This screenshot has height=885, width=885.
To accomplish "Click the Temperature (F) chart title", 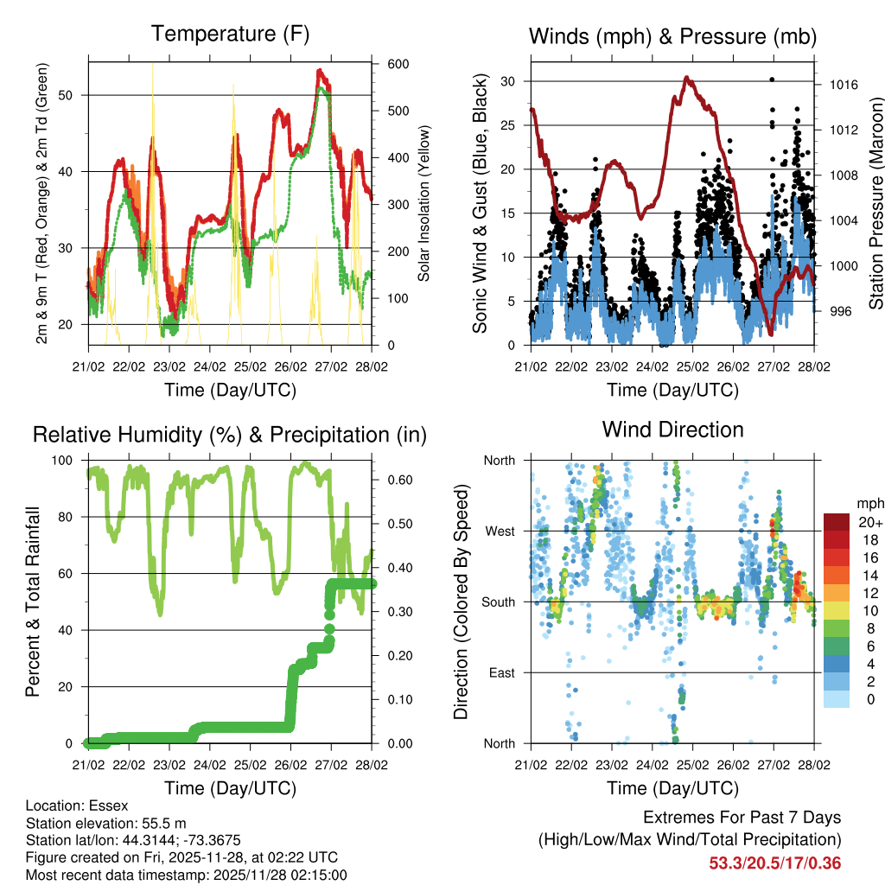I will [x=229, y=35].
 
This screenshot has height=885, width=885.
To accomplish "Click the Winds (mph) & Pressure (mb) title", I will [x=672, y=37].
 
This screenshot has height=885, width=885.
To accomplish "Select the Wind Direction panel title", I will [x=672, y=429].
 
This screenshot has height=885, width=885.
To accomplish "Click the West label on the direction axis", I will [x=499, y=531].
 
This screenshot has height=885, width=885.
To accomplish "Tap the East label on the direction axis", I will [x=500, y=672].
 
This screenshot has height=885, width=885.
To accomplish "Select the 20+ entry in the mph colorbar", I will [x=869, y=522].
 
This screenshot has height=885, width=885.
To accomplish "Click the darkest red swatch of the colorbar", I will [x=836, y=522].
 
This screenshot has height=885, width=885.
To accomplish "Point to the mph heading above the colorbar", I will [x=869, y=503].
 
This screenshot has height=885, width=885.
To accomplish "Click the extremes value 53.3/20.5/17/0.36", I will [x=775, y=863].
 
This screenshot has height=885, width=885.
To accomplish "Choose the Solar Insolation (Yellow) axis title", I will [x=424, y=204].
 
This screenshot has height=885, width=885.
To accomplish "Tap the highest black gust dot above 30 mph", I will [x=772, y=80].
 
